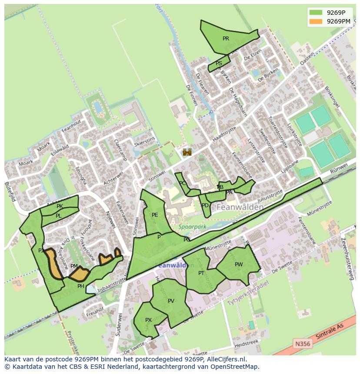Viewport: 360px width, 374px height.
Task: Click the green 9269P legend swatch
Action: click(x=316, y=13)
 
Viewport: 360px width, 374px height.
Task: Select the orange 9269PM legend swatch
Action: click(x=316, y=21)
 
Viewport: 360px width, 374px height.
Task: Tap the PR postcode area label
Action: click(x=226, y=39)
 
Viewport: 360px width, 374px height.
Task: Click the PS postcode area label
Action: click(x=219, y=63)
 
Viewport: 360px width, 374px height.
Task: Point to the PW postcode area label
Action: click(x=239, y=265)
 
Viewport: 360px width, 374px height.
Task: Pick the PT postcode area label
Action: click(x=201, y=273)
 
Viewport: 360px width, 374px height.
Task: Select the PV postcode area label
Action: click(x=171, y=301)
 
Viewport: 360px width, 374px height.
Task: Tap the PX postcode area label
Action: click(x=148, y=320)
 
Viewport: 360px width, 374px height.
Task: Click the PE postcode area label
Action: click(x=155, y=215)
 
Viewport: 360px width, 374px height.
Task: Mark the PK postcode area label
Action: click(x=60, y=206)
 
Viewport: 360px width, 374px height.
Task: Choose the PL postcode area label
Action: click(x=58, y=216)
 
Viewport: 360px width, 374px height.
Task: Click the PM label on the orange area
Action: click(x=74, y=266)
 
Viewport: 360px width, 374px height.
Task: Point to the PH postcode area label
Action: click(x=80, y=286)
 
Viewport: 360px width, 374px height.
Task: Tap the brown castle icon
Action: click(x=187, y=152)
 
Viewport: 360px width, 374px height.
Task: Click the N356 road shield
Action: click(x=303, y=344)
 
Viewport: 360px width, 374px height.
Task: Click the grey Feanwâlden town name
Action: click(x=239, y=207)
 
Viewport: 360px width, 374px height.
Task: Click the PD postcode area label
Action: click(x=205, y=205)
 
